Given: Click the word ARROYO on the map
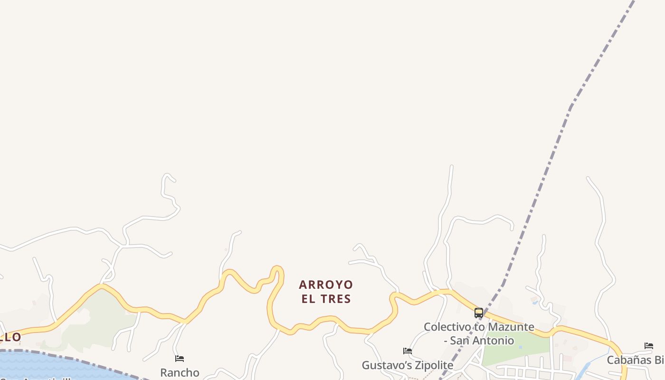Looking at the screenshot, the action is [326, 285].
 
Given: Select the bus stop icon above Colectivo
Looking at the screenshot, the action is [479, 313].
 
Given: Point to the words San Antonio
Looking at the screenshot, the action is [482, 341].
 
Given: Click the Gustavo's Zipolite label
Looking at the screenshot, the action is [407, 365].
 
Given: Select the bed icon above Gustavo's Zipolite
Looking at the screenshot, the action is [407, 351].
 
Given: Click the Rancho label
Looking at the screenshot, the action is [180, 372].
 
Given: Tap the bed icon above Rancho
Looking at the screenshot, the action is [180, 358].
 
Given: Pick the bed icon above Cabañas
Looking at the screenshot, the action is [649, 346].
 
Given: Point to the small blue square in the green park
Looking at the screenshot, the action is [521, 347].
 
